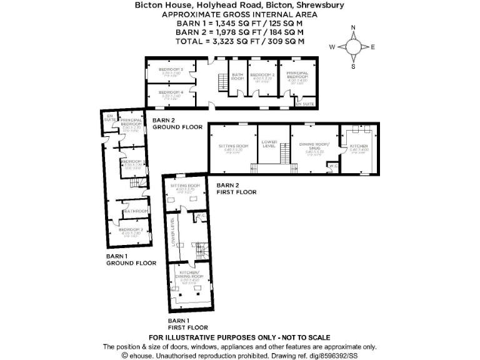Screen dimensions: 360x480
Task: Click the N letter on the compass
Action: [354, 27]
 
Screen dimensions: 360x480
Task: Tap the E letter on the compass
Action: [373, 47]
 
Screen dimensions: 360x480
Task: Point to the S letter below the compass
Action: [353, 66]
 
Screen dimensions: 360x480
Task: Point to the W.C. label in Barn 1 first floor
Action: [200, 216]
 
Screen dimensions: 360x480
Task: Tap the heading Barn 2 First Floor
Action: [236, 189]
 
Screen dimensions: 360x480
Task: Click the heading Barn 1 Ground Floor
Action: [131, 260]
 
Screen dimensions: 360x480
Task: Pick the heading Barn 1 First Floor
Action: [186, 323]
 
